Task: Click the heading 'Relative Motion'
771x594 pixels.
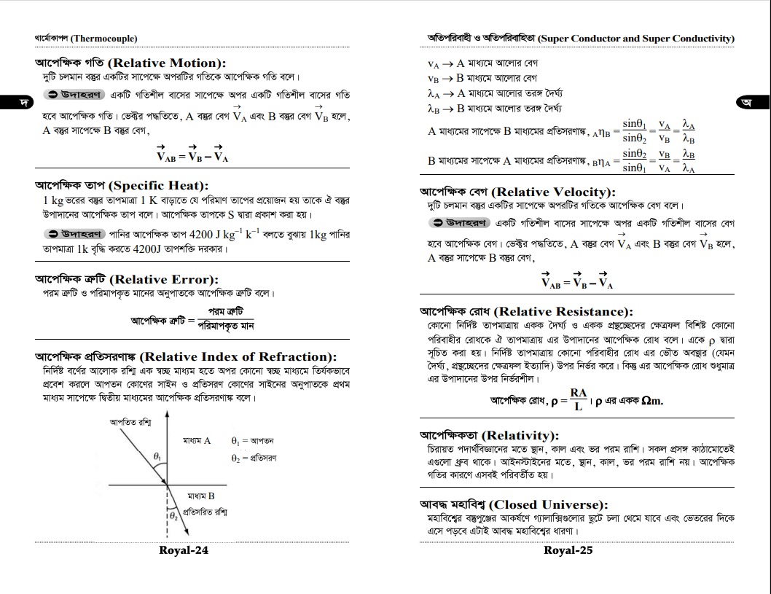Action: [130, 63]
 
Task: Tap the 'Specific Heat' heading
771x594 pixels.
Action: [122, 185]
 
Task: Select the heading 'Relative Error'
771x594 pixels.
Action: [127, 279]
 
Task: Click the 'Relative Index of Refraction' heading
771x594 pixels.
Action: [186, 356]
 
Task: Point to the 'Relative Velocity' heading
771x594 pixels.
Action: [517, 192]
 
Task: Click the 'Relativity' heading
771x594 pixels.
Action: [489, 435]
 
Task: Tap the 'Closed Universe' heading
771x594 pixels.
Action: [513, 504]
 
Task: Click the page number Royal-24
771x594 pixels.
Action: [184, 550]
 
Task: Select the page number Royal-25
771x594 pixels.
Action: [568, 550]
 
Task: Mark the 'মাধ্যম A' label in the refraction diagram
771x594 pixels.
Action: [197, 441]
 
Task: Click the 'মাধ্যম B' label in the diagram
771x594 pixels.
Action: [200, 496]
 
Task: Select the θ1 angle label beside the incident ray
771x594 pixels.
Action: [157, 456]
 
